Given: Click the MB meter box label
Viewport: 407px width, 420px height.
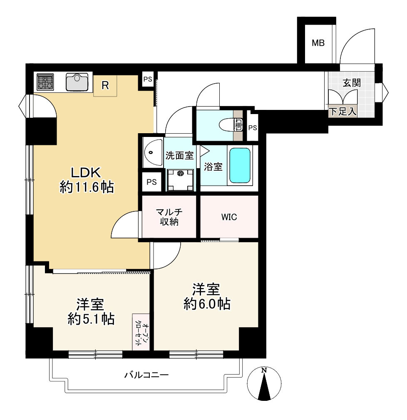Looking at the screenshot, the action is (318, 43).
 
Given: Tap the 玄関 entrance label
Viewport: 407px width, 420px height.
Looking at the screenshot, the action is (352, 83).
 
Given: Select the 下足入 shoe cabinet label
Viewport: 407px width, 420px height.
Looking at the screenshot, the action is (343, 111).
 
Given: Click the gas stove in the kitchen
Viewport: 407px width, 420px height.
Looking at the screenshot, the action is (45, 82).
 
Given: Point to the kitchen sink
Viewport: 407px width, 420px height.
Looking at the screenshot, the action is (77, 82).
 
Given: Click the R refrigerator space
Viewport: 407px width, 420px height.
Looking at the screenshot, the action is (105, 85).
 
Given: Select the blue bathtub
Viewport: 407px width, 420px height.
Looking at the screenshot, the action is (240, 166).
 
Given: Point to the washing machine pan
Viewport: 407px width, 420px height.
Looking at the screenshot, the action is (180, 180).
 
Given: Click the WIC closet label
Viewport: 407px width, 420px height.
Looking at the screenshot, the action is (229, 217).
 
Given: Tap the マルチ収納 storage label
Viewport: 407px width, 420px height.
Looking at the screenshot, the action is (169, 217).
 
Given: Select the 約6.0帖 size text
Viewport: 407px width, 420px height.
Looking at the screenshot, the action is (207, 304).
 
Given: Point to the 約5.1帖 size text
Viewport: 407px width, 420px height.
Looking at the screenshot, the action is (91, 319).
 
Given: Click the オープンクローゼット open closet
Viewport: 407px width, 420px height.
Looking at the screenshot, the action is (141, 332).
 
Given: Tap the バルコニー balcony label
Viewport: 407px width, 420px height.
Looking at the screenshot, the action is (146, 375).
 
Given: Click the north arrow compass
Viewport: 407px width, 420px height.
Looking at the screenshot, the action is (264, 383).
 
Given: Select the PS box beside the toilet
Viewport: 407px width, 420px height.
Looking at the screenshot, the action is (253, 128).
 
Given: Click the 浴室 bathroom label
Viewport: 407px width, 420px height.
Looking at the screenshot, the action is (213, 167).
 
